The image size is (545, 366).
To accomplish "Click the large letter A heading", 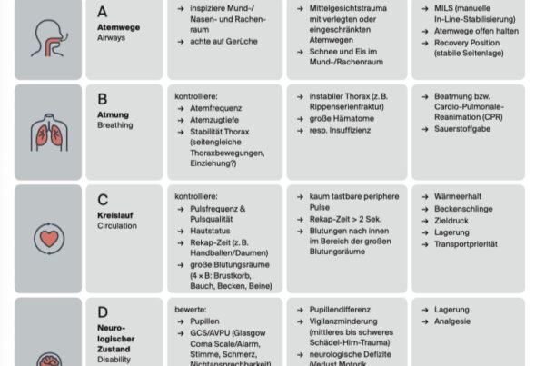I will point(103,12).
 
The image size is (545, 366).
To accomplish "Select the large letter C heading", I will point(103,200).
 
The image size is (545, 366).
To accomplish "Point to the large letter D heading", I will point(103,312).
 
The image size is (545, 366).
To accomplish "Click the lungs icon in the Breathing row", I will point(46,129).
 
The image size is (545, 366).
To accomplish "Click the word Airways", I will point(112,39).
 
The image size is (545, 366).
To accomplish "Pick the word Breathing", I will point(114,125).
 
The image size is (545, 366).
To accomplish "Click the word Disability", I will point(114,360).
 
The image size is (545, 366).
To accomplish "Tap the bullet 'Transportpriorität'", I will point(471,245).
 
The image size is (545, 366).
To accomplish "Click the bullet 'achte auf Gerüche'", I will point(223,41).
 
